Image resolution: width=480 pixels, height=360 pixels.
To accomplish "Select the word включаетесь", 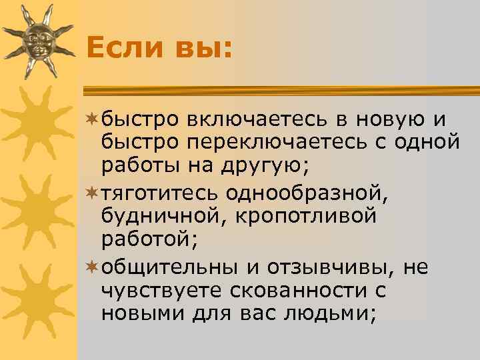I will click(257, 119).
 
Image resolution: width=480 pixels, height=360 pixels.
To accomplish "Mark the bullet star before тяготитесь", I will click(93, 193).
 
